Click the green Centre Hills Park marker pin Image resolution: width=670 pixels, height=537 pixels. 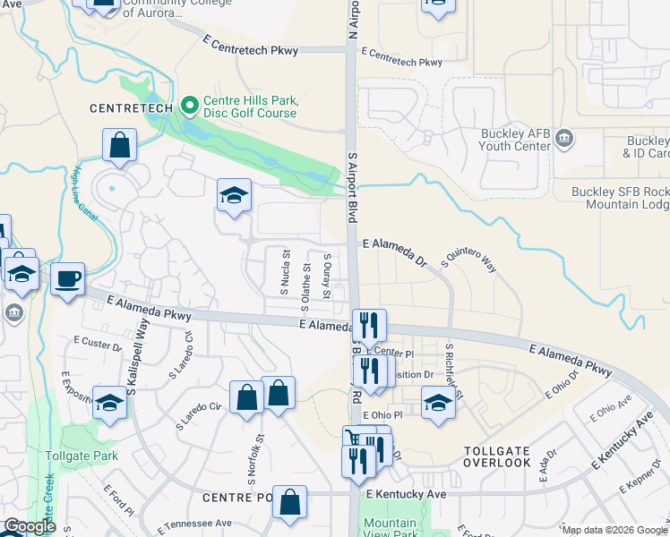coord(189,106)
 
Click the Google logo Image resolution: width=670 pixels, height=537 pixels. coord(30,526)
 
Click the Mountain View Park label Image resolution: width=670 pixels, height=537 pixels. coord(390,528)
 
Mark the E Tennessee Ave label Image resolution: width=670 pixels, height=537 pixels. coord(194,524)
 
